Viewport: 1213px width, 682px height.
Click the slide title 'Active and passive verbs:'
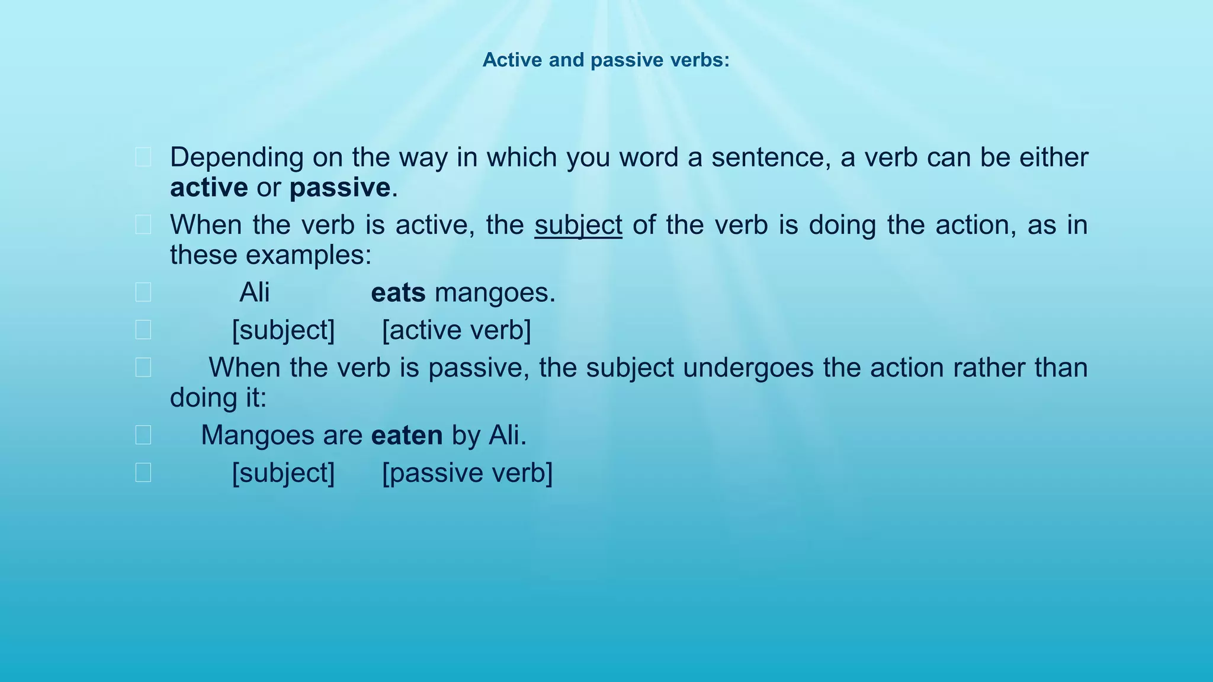(606, 60)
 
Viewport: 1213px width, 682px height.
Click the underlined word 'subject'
(578, 226)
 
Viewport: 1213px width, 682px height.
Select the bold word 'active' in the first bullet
(208, 188)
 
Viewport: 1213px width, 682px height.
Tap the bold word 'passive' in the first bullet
(339, 188)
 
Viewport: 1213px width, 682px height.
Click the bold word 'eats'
(398, 292)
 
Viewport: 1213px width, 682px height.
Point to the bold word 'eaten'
(407, 435)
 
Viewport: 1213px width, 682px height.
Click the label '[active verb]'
(456, 330)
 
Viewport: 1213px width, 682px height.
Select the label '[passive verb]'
(467, 473)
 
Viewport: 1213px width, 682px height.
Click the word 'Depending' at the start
(236, 157)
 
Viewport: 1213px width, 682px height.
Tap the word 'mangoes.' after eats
(495, 292)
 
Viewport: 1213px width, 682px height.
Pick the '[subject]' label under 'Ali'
(283, 330)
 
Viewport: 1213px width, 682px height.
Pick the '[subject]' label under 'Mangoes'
(283, 473)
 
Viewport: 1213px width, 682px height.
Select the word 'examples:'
(309, 255)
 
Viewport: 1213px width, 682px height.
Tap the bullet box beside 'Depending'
(143, 157)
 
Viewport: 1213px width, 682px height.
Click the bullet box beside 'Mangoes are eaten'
(143, 435)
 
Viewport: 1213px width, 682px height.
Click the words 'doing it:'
(218, 397)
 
